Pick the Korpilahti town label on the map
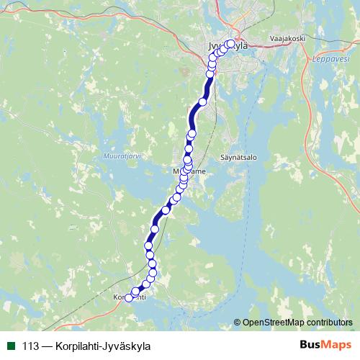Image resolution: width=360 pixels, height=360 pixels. pos(130,297)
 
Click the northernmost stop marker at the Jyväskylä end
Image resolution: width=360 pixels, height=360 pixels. pos(231,42)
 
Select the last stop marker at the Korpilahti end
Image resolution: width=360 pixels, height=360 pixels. pos(130,297)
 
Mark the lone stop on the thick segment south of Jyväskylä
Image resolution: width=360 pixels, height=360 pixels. pos(202,102)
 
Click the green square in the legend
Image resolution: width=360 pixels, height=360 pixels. pos(11,345)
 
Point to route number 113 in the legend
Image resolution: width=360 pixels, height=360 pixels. pos(31,346)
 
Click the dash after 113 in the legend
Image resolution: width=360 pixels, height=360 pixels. pos(48,346)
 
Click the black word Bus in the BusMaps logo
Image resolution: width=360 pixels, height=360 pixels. pos(310,345)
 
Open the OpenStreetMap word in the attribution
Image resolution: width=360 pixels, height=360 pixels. pos(276,322)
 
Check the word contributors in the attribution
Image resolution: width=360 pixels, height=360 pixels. pos(330,322)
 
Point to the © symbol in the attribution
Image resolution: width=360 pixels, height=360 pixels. pos(238,322)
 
